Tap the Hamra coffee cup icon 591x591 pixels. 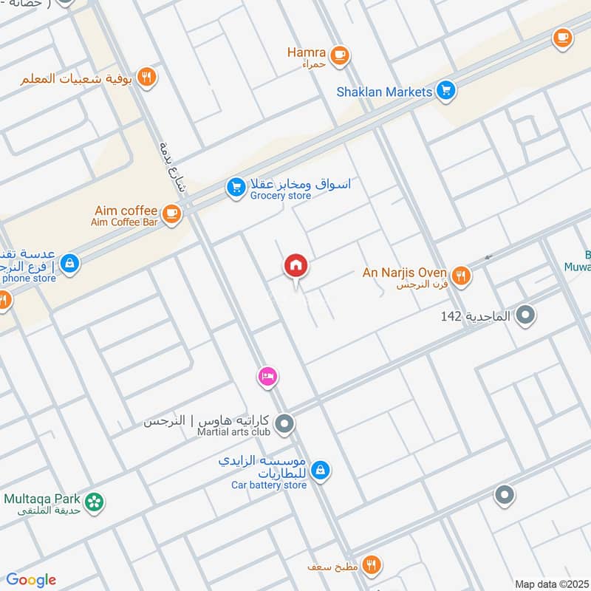pos(339,55)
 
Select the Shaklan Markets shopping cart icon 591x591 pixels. pos(445,92)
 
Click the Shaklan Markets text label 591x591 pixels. pos(383,92)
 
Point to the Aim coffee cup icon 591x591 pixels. pos(171,214)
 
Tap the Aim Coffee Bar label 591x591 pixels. pos(125,222)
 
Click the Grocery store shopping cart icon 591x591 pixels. pos(236,188)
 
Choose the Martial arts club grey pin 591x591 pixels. pos(284,425)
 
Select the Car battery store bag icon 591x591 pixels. pos(321,469)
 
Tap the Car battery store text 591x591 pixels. pos(269,485)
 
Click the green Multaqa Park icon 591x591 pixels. pos(94,502)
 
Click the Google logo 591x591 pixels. pos(31,580)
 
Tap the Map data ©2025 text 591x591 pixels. pos(550,584)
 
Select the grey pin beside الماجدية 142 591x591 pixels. pos(525,316)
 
